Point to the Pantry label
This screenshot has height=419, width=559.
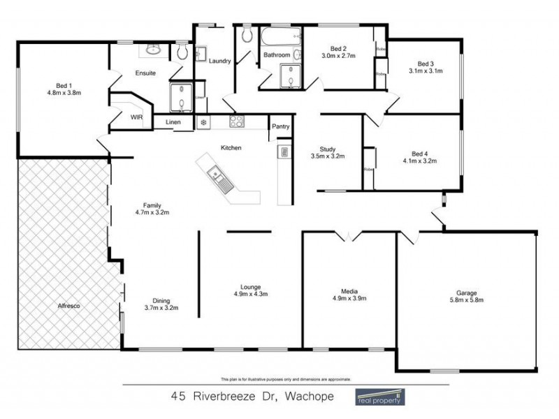(x=280, y=126)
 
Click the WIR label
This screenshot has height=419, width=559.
(x=136, y=117)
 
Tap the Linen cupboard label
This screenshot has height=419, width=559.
(x=173, y=123)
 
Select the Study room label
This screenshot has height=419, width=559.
(x=328, y=149)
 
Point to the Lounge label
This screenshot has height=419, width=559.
(x=250, y=286)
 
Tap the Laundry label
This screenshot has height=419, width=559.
(x=219, y=61)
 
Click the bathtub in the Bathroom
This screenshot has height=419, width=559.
(x=279, y=35)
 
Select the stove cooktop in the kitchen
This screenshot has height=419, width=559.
(x=237, y=122)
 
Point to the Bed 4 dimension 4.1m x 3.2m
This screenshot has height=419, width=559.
(x=419, y=161)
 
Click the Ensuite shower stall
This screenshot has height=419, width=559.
(x=180, y=97)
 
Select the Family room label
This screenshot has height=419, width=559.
(x=152, y=205)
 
